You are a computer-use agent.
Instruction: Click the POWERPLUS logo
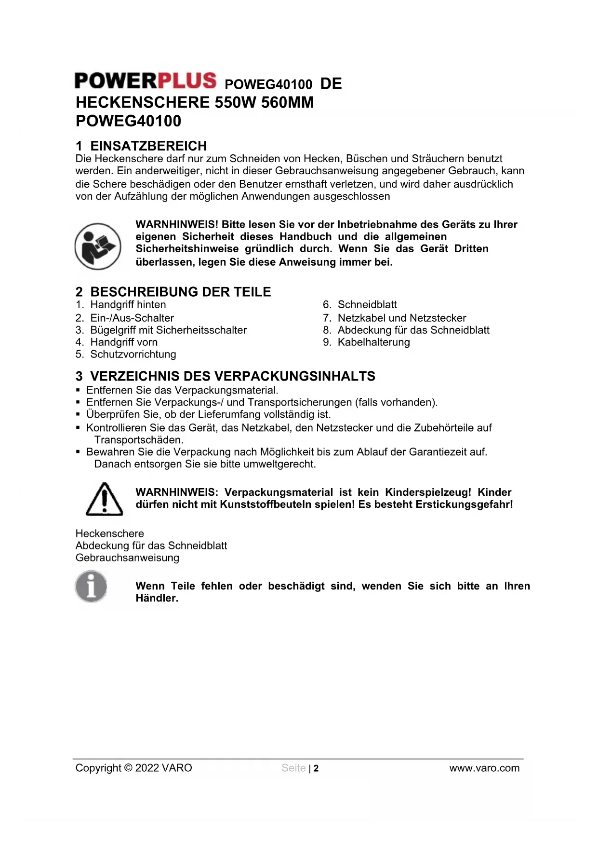[x=145, y=81]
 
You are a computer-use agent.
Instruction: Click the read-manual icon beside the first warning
[x=98, y=246]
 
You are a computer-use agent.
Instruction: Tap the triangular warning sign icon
[x=104, y=499]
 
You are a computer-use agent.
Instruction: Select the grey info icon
[x=91, y=587]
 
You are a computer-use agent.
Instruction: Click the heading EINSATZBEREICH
[x=148, y=146]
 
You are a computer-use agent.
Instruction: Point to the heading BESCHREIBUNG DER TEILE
[x=180, y=292]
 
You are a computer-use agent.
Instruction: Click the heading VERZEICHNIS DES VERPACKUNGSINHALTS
[x=232, y=376]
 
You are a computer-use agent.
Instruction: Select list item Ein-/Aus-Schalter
[x=132, y=318]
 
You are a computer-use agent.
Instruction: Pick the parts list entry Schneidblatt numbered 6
[x=367, y=305]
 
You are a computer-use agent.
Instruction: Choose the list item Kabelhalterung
[x=373, y=342]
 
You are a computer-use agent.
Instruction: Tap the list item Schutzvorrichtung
[x=133, y=355]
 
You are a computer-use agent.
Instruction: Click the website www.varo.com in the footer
[x=484, y=768]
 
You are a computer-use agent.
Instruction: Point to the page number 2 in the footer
[x=316, y=769]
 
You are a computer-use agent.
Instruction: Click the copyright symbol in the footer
[x=128, y=768]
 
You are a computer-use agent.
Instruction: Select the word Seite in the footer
[x=293, y=768]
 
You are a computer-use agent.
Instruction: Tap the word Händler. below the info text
[x=157, y=599]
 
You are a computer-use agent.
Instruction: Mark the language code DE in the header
[x=331, y=84]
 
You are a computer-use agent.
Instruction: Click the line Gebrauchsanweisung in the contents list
[x=127, y=558]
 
